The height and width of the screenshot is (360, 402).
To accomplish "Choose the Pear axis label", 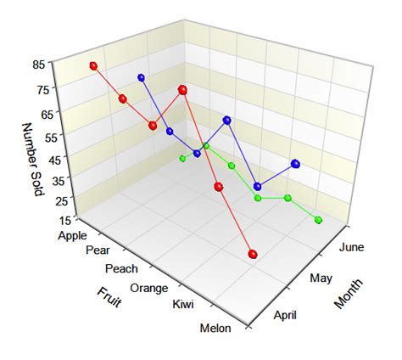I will pyautogui.click(x=98, y=251).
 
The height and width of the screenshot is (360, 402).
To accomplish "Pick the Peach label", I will pyautogui.click(x=121, y=269).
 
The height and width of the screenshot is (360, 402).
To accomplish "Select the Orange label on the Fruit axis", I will pyautogui.click(x=148, y=288).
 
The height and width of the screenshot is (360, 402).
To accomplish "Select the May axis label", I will pyautogui.click(x=320, y=278).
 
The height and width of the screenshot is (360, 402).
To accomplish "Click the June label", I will pyautogui.click(x=350, y=247).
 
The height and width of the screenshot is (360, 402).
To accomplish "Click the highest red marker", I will pyautogui.click(x=93, y=65).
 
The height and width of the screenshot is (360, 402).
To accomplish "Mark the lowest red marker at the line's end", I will pyautogui.click(x=252, y=254).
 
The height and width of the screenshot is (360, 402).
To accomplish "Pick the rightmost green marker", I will pyautogui.click(x=319, y=220).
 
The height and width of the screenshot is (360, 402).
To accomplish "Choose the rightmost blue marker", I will pyautogui.click(x=295, y=163).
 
